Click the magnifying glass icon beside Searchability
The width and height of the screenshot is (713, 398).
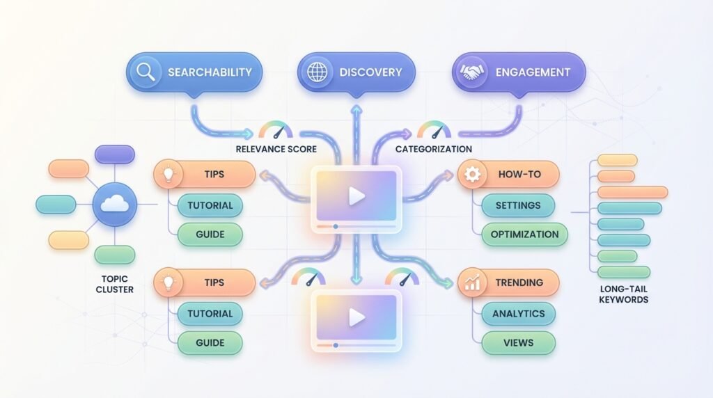pyautogui.click(x=146, y=72)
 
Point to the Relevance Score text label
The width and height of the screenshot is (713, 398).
pyautogui.click(x=276, y=149)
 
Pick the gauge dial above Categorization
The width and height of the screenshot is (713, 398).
pyautogui.click(x=433, y=130)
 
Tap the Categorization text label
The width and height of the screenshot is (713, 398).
pyautogui.click(x=433, y=149)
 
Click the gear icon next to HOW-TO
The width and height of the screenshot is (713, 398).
pyautogui.click(x=473, y=175)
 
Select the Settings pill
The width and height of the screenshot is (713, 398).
pyautogui.click(x=518, y=205)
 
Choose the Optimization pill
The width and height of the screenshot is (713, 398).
pyautogui.click(x=524, y=234)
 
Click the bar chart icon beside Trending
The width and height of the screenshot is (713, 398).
pyautogui.click(x=473, y=283)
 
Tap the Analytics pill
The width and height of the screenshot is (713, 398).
pyautogui.click(x=518, y=313)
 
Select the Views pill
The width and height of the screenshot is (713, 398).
pyautogui.click(x=518, y=342)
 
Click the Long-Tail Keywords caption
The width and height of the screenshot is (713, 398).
pyautogui.click(x=623, y=294)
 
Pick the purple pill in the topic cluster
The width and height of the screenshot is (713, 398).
pyautogui.click(x=114, y=154)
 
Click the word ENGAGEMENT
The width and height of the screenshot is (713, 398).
pyautogui.click(x=533, y=72)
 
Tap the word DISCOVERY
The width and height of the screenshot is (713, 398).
pyautogui.click(x=370, y=72)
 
